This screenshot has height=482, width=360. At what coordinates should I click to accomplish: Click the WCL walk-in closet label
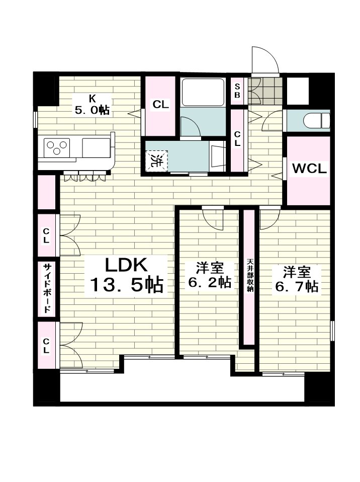[x=309, y=169]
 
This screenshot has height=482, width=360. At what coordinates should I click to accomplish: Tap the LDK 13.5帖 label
[x=126, y=275]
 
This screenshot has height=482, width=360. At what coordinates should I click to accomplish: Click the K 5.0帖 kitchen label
[x=92, y=105]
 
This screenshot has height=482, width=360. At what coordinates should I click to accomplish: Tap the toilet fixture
[x=316, y=120]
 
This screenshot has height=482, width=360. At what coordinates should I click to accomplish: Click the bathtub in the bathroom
[x=203, y=93]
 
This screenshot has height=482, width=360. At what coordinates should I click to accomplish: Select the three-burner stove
[x=57, y=147]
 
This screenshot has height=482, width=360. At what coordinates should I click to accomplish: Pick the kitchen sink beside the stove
[x=96, y=147]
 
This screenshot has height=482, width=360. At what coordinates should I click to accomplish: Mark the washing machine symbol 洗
[x=157, y=160]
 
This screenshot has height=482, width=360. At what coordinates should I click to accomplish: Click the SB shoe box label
[x=237, y=91]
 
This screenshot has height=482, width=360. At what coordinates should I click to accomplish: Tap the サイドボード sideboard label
[x=47, y=288]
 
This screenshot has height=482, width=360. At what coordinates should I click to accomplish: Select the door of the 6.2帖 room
[x=213, y=219]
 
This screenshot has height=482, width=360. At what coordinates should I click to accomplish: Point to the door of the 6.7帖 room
[x=269, y=218]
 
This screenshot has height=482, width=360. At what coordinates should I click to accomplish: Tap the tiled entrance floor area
[x=265, y=91]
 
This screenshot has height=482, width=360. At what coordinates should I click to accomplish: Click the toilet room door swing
[x=272, y=121]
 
